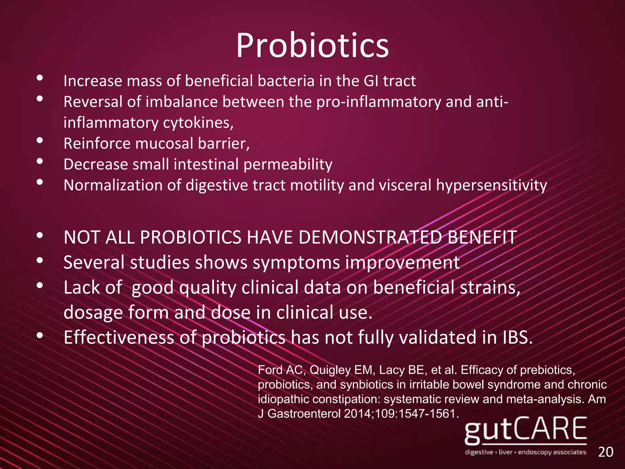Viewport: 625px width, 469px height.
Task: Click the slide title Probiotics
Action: coord(312,46)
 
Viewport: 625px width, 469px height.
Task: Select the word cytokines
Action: coord(198,123)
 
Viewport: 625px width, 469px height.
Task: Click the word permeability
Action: coord(288,165)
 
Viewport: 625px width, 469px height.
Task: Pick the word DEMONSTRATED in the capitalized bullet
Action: coord(370,237)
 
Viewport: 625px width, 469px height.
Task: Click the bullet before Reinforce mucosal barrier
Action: coord(40,141)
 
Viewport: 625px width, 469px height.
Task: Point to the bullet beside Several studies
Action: coord(40,261)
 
